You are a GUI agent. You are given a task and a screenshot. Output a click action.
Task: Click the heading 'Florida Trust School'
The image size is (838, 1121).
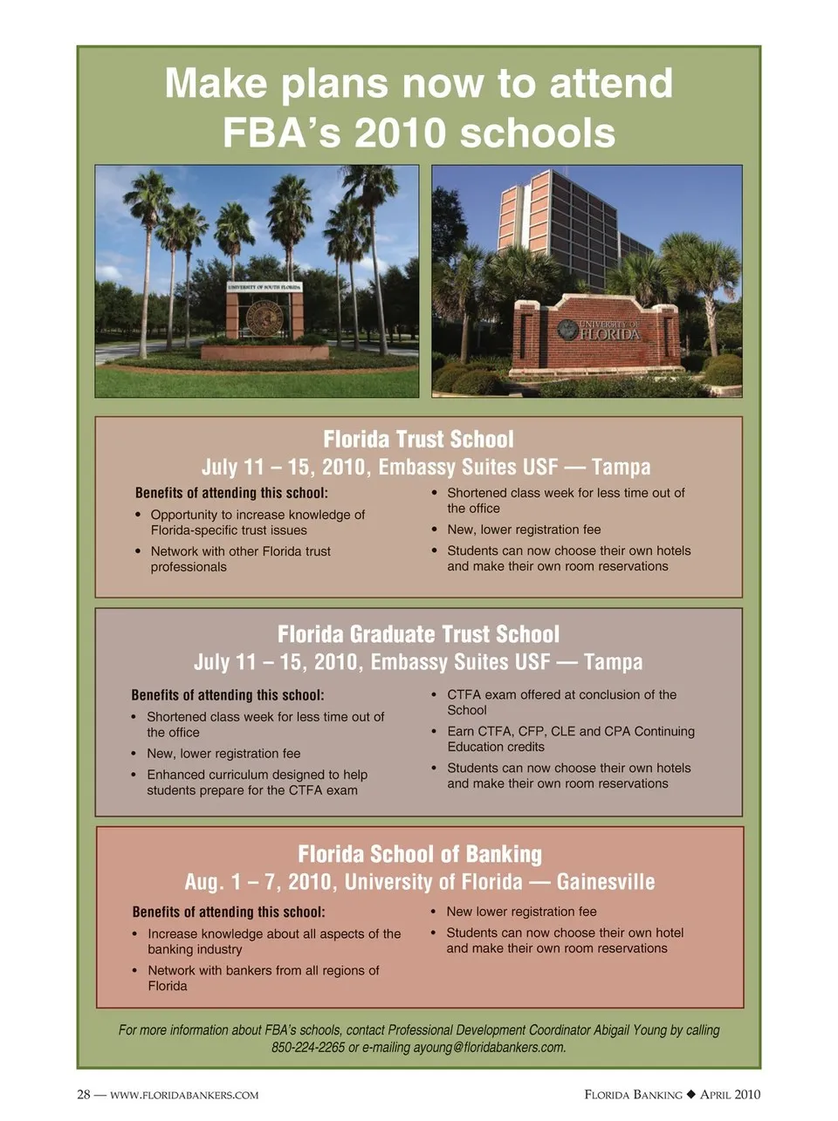click(x=418, y=439)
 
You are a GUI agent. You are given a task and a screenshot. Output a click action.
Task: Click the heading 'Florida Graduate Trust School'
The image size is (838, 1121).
click(x=418, y=634)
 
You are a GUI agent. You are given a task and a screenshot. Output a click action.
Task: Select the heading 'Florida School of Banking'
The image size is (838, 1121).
click(x=419, y=854)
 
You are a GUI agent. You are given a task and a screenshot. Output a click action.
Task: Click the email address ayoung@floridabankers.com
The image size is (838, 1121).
click(x=489, y=1048)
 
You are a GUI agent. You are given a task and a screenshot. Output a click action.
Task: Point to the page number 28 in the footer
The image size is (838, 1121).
click(x=84, y=1095)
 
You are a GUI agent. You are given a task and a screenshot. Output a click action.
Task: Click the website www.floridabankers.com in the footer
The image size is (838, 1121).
click(x=183, y=1095)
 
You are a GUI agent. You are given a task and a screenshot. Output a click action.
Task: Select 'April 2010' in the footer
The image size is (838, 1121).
click(x=731, y=1095)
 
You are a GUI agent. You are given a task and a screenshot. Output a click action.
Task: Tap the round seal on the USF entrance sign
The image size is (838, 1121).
click(x=264, y=318)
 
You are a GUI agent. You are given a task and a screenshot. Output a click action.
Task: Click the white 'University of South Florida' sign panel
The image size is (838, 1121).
click(x=264, y=286)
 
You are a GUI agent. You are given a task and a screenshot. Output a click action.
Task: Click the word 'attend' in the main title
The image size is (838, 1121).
click(x=611, y=84)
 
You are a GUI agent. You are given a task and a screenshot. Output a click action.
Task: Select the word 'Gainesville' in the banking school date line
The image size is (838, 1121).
click(x=605, y=882)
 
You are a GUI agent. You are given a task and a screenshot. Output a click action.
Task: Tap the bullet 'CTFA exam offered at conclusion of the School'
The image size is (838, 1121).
click(x=561, y=702)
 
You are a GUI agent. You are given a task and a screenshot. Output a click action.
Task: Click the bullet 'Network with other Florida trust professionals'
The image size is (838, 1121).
click(x=240, y=559)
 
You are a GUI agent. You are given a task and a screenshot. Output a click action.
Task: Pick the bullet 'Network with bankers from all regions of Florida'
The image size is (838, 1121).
click(x=263, y=978)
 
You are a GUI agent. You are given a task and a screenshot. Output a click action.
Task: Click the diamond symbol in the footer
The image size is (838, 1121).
click(x=690, y=1095)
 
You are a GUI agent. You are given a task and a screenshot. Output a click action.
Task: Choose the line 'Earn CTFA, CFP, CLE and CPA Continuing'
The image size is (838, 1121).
click(x=571, y=731)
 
